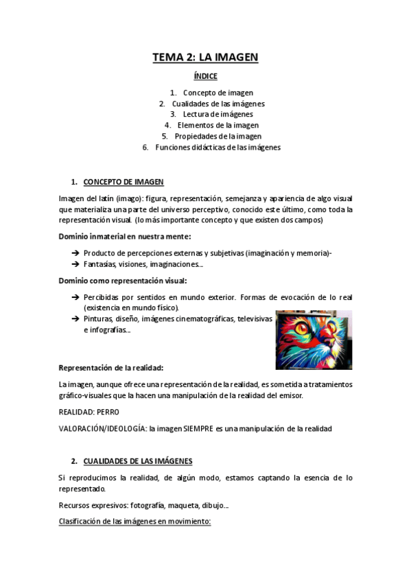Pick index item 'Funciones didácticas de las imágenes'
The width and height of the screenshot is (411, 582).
tap(218, 147)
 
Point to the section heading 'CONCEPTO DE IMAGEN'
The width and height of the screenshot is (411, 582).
tap(124, 182)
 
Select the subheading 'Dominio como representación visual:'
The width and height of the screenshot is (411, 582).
tap(122, 281)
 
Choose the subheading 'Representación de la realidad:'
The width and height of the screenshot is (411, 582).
tap(110, 367)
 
